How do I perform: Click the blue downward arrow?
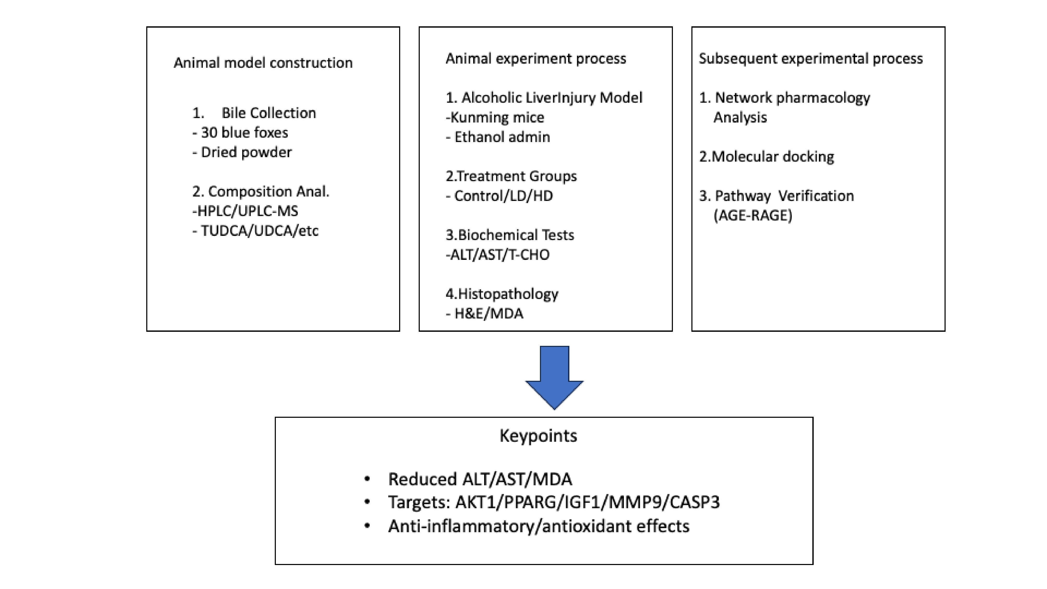tap(554, 377)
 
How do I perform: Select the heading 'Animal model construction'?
tap(263, 63)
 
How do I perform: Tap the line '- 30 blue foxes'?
tap(240, 132)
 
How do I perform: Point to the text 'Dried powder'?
tap(246, 152)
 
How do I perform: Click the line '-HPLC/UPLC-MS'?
tap(245, 211)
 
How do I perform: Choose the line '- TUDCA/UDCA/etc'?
tap(255, 231)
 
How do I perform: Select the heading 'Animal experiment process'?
tap(536, 59)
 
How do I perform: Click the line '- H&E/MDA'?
tap(484, 314)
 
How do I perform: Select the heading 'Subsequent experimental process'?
tap(811, 59)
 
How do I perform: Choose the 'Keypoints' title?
tap(538, 436)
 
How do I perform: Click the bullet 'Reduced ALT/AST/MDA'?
tap(480, 479)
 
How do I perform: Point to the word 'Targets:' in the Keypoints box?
tap(419, 502)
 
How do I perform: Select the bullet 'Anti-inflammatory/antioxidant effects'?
tap(539, 526)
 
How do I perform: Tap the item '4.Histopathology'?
tap(502, 294)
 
